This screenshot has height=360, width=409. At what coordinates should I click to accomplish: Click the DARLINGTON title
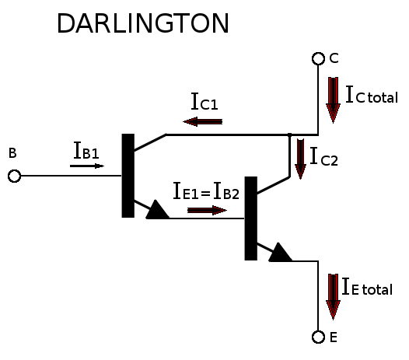pos(143,23)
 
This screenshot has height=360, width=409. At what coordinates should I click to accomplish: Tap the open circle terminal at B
pos(14,176)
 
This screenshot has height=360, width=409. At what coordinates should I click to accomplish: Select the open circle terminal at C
pos(318,58)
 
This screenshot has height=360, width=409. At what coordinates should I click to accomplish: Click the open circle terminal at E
pos(318,337)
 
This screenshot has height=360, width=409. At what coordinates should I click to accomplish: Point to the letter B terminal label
pos(12,153)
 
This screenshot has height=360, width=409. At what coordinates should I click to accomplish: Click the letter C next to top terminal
pos(334,58)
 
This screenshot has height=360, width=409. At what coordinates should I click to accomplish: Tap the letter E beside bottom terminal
pos(334,337)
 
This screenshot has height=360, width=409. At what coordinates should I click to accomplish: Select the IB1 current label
pos(86,150)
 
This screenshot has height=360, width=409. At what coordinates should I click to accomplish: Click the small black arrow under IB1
pos(87,166)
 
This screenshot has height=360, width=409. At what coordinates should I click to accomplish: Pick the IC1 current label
pos(204,101)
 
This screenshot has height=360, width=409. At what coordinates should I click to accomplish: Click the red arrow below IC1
pos(203,121)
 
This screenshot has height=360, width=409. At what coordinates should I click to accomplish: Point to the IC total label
pos(372,94)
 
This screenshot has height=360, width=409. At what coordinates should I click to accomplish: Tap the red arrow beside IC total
pos(333,100)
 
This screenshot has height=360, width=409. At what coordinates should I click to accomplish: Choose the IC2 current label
pos(324,157)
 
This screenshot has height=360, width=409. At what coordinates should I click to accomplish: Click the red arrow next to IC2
pos(300,159)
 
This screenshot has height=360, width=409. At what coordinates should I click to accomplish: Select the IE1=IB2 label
pos(206,191)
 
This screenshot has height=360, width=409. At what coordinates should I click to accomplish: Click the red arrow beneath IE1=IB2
pos(207,210)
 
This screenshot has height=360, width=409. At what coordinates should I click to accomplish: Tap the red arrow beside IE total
pos(333,297)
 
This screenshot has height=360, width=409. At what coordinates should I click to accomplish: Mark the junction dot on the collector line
pos(289,135)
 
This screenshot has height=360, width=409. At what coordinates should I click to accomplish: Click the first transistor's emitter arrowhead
pos(157,209)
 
